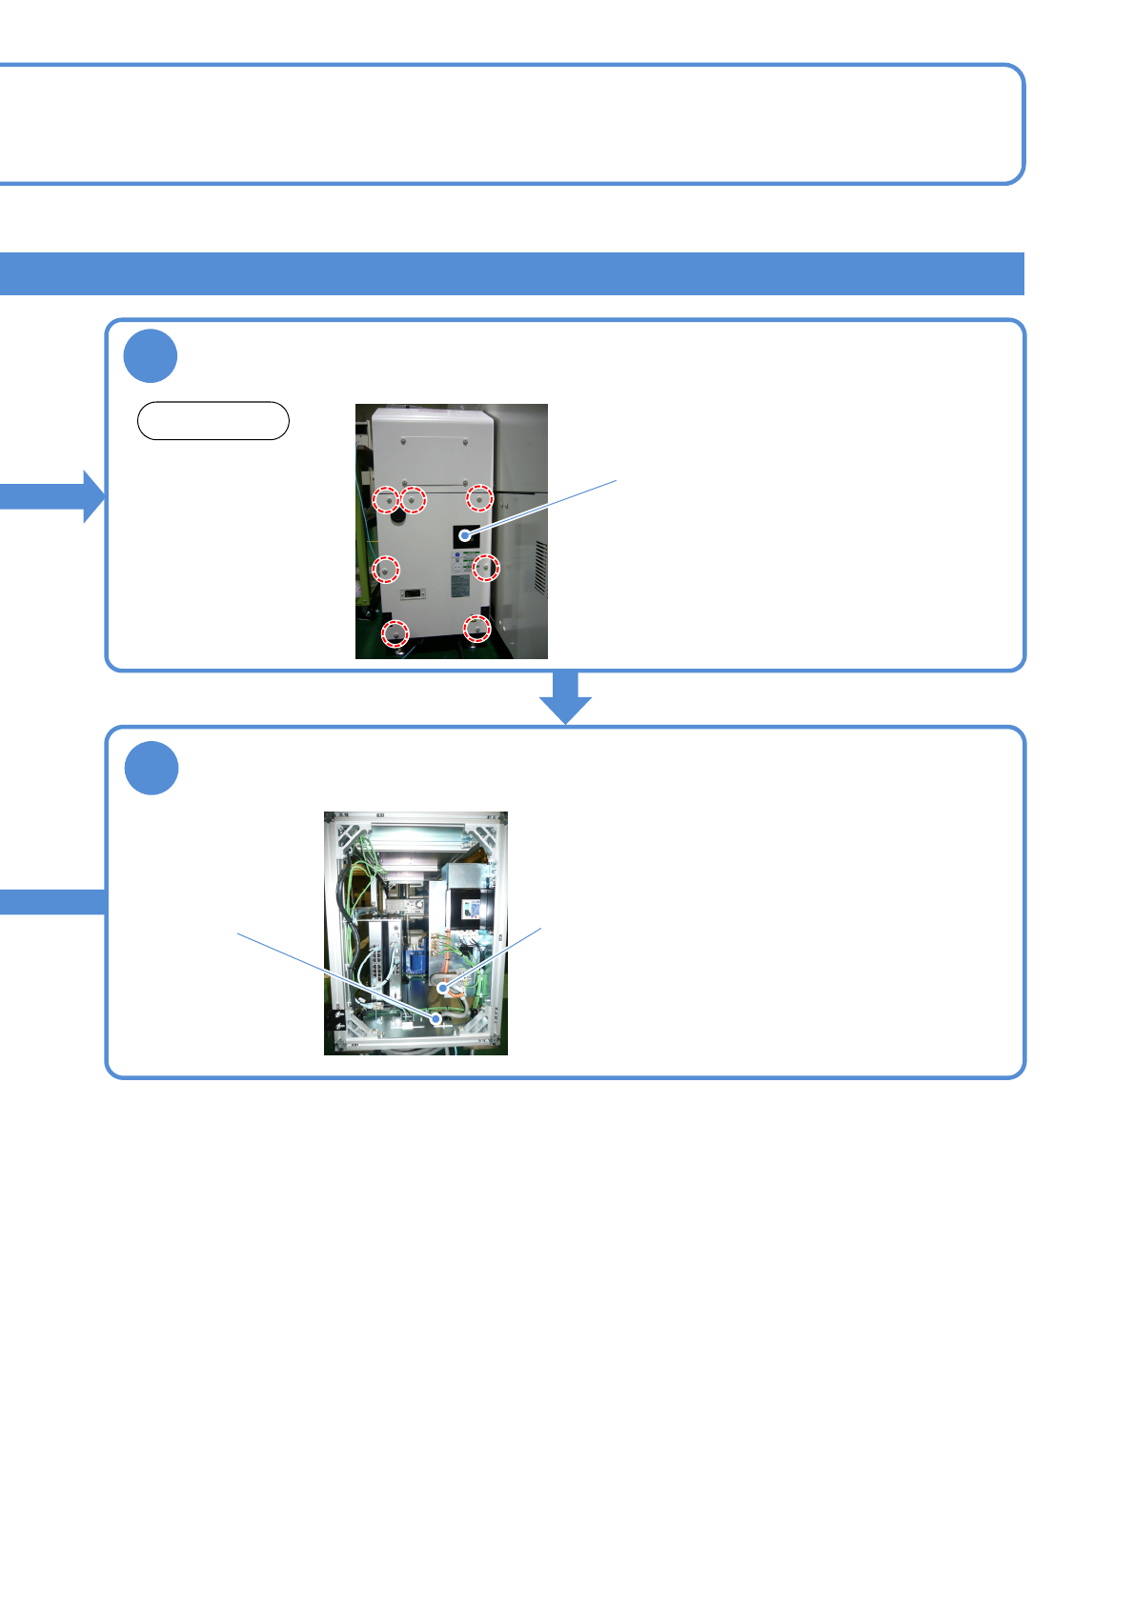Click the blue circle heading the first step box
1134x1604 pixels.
[x=151, y=356]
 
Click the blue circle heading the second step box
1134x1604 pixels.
[x=152, y=768]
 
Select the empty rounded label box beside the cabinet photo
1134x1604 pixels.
[x=213, y=421]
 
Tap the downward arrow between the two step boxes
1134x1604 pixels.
[x=566, y=700]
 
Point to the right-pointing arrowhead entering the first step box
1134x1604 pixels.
[x=92, y=496]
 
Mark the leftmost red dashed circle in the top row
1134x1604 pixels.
[x=386, y=499]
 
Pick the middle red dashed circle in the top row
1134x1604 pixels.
[x=413, y=499]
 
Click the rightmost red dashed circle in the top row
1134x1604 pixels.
[x=479, y=498]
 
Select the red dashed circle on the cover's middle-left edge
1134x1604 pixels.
[x=385, y=570]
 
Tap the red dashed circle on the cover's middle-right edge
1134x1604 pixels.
[x=486, y=568]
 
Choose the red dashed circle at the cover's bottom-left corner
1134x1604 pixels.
[x=395, y=632]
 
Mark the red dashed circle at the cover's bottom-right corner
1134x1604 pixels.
[x=476, y=629]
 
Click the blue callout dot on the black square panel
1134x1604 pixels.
[x=465, y=535]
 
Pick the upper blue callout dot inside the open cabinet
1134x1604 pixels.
[x=442, y=990]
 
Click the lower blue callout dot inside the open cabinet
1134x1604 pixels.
[x=436, y=1018]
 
